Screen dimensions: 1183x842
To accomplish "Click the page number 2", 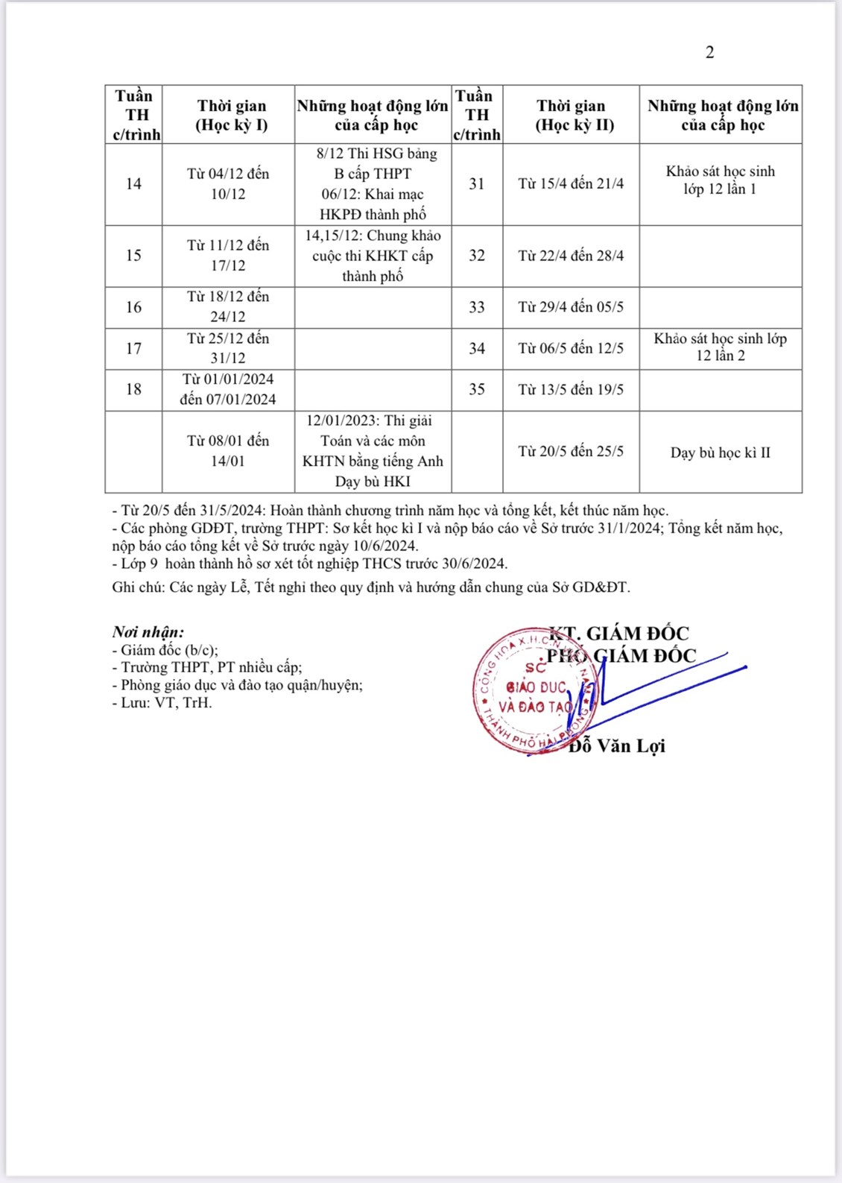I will tap(709, 52).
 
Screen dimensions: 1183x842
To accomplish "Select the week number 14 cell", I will tap(133, 183).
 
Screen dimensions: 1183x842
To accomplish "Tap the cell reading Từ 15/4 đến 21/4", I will tap(571, 183).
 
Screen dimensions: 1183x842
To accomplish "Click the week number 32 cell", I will tap(477, 255).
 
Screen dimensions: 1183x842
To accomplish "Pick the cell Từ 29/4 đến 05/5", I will tap(571, 307).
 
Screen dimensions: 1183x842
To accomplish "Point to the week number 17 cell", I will tap(133, 348).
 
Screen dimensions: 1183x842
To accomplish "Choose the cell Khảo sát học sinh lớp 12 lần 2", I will tap(720, 347).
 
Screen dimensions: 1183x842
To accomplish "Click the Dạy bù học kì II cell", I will tap(720, 452).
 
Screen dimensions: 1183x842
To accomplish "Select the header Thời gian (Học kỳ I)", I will tap(231, 116).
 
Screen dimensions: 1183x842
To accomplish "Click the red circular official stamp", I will tap(534, 690).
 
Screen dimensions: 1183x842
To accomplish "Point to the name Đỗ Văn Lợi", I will tap(617, 745).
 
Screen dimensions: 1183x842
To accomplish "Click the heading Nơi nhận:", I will tap(148, 632).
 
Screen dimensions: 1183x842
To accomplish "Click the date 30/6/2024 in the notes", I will tap(475, 564).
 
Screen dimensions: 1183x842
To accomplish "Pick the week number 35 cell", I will tap(477, 389).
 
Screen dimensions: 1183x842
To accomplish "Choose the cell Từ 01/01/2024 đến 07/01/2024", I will tap(228, 389).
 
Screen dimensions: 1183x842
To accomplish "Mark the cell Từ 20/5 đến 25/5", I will tap(571, 452).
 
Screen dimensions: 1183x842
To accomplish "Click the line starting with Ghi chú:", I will tap(371, 587).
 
